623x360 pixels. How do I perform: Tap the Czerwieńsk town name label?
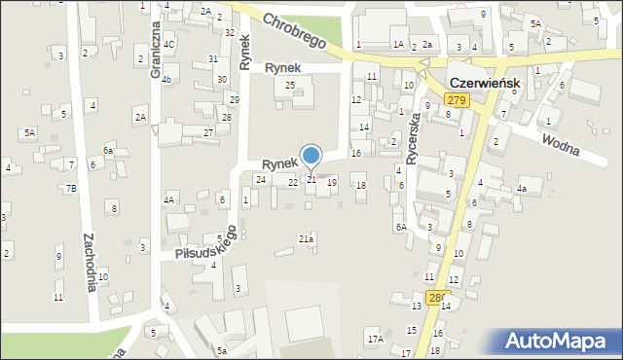[484, 84]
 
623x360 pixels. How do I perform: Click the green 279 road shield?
[457, 101]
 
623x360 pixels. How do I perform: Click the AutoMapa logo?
[557, 341]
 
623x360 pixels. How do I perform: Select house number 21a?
[306, 238]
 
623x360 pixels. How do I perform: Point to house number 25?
[289, 86]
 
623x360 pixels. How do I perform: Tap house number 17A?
[375, 339]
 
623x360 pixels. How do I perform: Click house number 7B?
[71, 188]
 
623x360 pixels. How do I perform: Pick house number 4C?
[168, 45]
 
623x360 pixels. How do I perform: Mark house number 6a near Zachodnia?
[108, 151]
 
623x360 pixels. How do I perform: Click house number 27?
[208, 132]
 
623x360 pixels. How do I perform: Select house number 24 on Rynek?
[260, 179]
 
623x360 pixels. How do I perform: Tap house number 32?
[230, 32]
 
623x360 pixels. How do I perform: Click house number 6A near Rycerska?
[400, 227]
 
